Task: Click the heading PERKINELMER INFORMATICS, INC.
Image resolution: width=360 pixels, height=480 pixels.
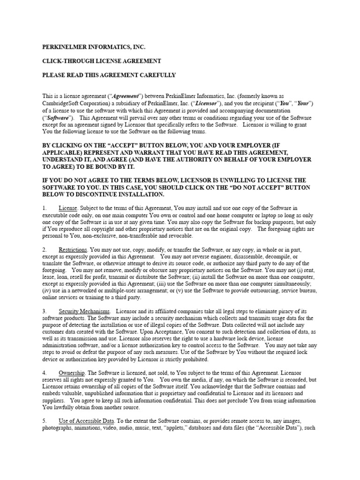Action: pos(94,47)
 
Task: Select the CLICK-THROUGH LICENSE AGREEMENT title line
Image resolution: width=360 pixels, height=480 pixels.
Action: pos(102,61)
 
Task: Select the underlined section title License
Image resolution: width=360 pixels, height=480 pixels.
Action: pos(68,208)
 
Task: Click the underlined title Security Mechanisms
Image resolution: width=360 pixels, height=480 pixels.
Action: pos(84,311)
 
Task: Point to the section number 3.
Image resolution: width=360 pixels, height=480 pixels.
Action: pos(44,311)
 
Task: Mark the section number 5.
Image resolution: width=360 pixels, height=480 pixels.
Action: pos(44,421)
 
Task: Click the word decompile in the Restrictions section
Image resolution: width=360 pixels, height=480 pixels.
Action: pos(275,256)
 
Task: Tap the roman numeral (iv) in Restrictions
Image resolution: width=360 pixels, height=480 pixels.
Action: pos(47,291)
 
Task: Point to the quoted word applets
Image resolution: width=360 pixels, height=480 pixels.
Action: pos(176,428)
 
